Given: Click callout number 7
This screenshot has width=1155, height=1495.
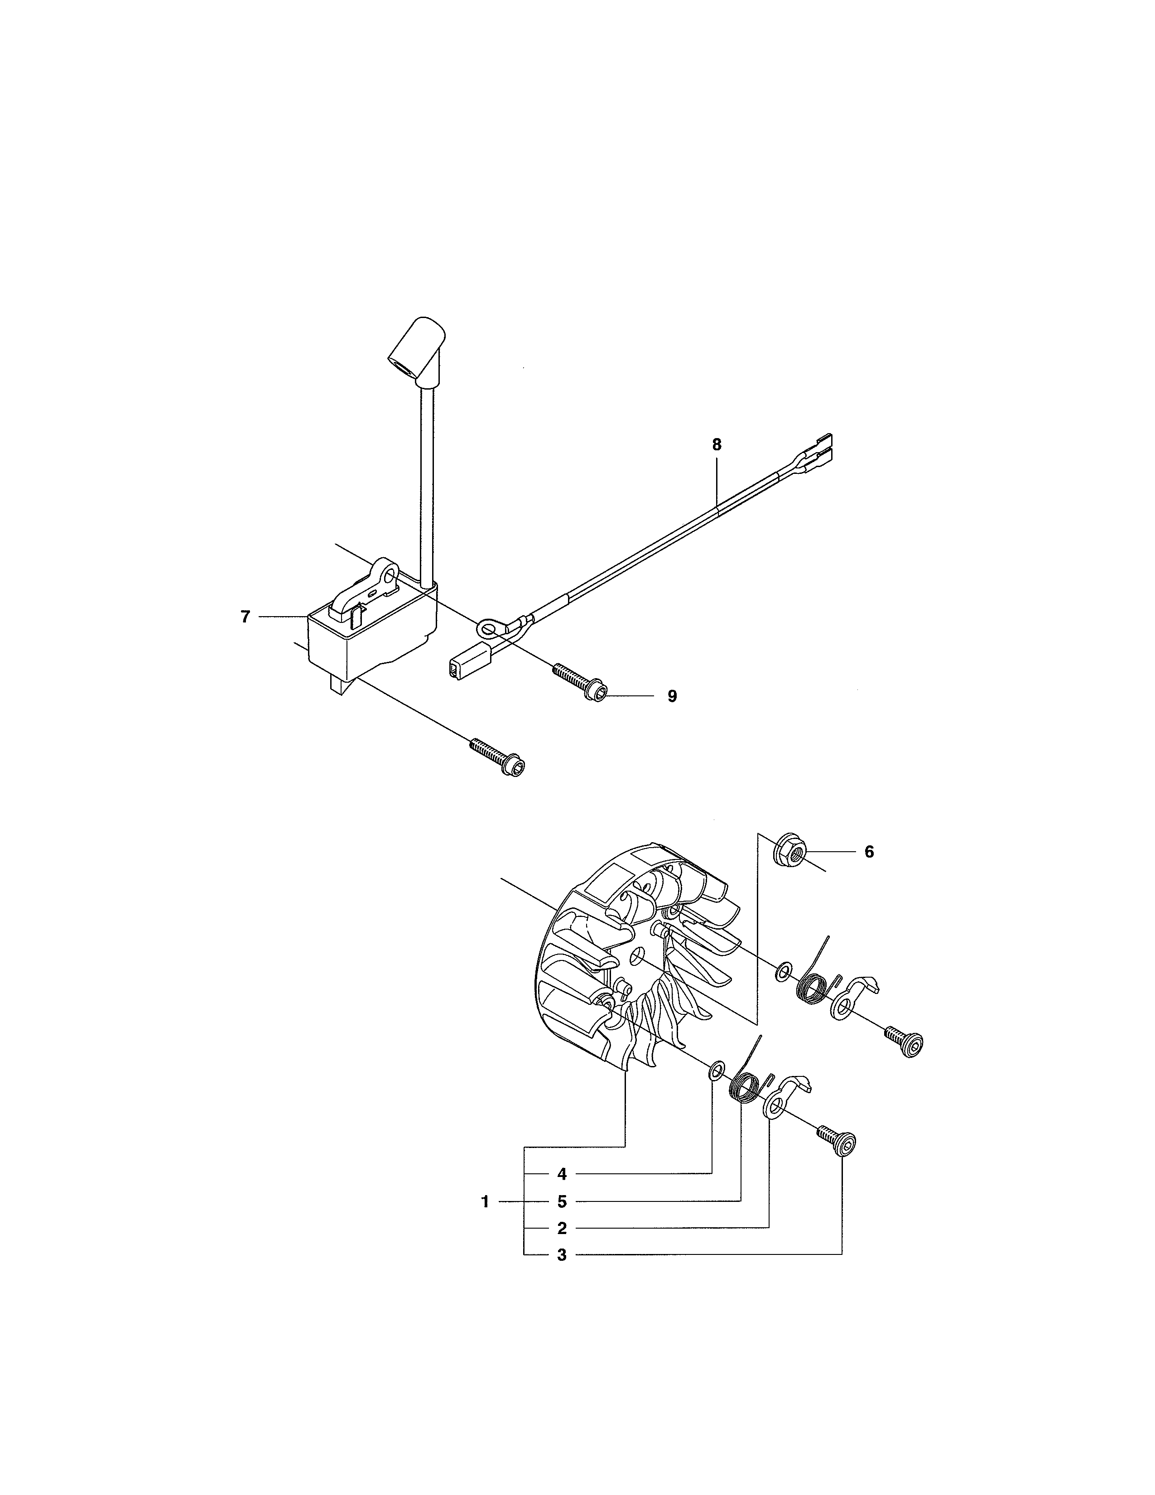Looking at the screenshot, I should (245, 617).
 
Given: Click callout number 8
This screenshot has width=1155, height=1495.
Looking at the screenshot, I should (717, 444).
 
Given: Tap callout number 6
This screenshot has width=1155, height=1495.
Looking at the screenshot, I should (869, 852).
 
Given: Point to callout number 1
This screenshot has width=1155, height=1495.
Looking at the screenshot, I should (485, 1201).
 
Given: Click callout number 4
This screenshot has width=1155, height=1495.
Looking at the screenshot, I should (562, 1174).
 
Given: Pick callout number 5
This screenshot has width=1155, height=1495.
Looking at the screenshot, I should (562, 1201).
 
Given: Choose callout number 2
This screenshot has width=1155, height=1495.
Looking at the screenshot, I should (562, 1228).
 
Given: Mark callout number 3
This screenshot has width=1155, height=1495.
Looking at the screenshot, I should (562, 1255).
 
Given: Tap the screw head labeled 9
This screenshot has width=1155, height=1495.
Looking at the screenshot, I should (592, 694).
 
